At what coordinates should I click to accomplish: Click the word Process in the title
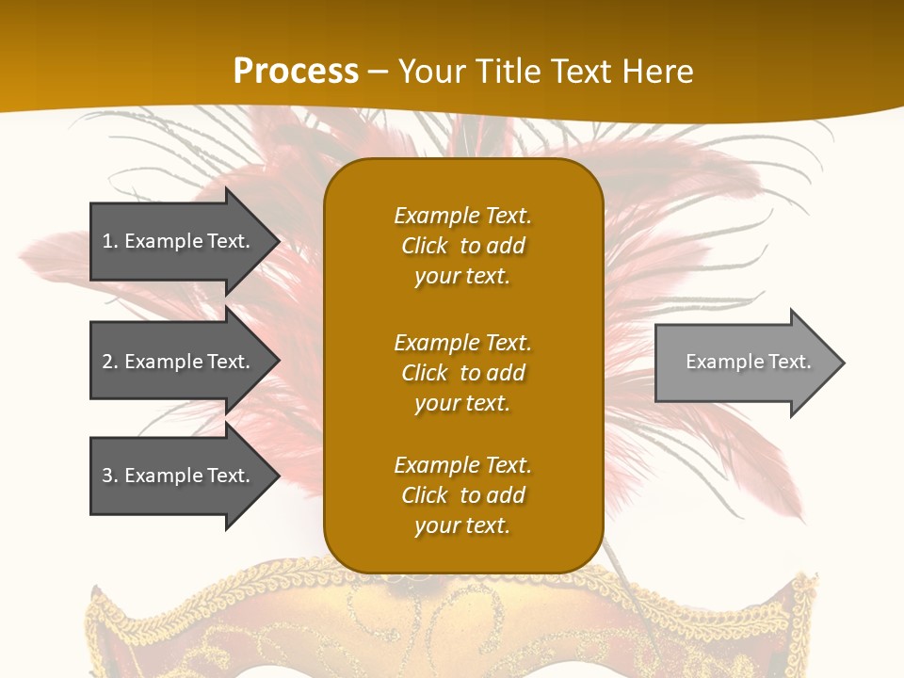click(296, 72)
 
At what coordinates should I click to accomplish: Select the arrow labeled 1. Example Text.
click(179, 242)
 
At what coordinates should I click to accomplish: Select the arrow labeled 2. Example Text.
click(179, 362)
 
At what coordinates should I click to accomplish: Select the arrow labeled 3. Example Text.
click(179, 476)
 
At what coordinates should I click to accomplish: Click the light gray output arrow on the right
click(744, 363)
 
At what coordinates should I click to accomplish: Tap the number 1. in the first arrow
click(110, 242)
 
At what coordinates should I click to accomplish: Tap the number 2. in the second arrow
click(110, 362)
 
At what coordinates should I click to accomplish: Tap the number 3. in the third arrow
click(110, 476)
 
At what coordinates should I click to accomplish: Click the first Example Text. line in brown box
click(462, 216)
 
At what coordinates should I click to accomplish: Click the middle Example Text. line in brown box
click(462, 343)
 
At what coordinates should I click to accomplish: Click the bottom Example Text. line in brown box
click(462, 465)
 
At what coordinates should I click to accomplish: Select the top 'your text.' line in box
click(462, 277)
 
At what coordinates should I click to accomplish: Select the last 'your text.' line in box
click(462, 526)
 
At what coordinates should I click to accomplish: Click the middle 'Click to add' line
click(462, 373)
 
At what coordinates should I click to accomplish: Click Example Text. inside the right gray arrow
click(748, 362)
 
